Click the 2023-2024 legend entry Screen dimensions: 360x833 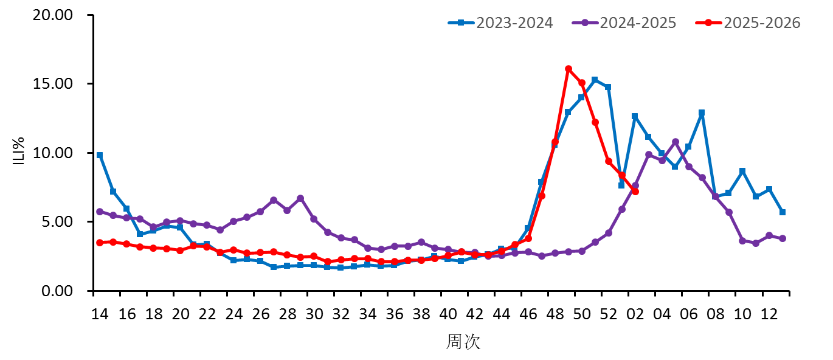(x=500, y=23)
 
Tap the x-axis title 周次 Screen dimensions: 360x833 (x=463, y=342)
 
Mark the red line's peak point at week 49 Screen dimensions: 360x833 (x=569, y=69)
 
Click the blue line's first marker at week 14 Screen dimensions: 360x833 (x=100, y=155)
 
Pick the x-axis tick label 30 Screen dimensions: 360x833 (x=314, y=314)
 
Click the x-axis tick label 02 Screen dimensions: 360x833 (x=635, y=314)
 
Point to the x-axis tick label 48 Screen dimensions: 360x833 (x=555, y=314)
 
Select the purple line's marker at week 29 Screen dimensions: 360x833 (x=300, y=198)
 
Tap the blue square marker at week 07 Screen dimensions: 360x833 (x=702, y=113)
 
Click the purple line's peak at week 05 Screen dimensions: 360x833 (x=675, y=142)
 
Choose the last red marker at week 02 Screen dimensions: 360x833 (x=635, y=192)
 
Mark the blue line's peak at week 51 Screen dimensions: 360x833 (x=595, y=80)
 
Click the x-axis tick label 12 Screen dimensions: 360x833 (x=769, y=314)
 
